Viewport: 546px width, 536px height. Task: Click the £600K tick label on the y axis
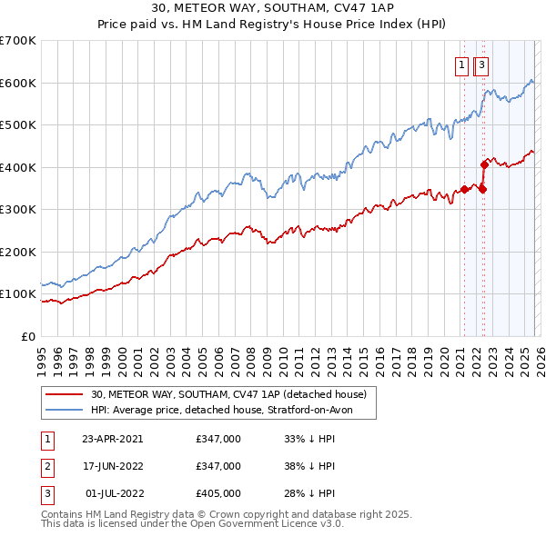pyautogui.click(x=18, y=83)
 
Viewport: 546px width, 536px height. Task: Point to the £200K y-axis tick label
pyautogui.click(x=18, y=252)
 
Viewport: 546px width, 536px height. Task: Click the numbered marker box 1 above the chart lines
pyautogui.click(x=462, y=65)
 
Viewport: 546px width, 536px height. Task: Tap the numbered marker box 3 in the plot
pyautogui.click(x=480, y=65)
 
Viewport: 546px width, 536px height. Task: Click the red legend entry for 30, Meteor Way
pyautogui.click(x=227, y=394)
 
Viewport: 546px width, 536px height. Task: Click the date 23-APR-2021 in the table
pyautogui.click(x=112, y=438)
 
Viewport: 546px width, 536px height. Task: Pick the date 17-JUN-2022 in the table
pyautogui.click(x=112, y=466)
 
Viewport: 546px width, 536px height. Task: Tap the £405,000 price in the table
pyautogui.click(x=217, y=493)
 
